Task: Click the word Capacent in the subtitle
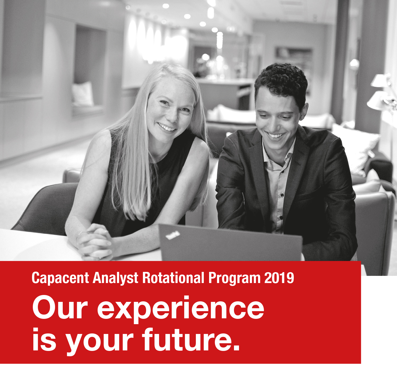(x=60, y=278)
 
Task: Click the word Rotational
(x=173, y=278)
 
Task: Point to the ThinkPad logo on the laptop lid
(x=173, y=236)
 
